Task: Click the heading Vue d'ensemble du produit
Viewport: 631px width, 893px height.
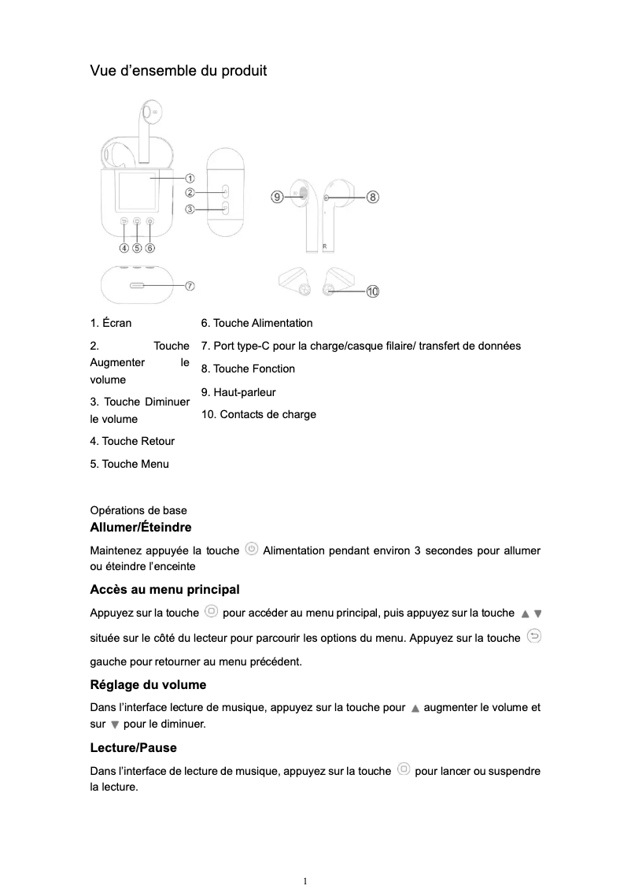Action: pos(179,71)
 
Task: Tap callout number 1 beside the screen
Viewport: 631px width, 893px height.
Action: pos(190,179)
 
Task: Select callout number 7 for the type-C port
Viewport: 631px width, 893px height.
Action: pos(190,284)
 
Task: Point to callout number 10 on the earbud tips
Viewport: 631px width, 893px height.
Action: pos(371,291)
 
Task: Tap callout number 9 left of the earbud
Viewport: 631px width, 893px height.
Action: pos(276,196)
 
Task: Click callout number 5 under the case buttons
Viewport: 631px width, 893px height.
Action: pos(137,247)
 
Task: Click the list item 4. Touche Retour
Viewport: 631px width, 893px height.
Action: pos(132,441)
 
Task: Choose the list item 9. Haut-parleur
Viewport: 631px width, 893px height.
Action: pos(238,392)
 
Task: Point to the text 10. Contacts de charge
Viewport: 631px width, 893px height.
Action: pos(259,414)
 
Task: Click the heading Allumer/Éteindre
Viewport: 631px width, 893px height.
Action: pos(141,527)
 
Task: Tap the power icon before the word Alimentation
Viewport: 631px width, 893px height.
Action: pos(251,549)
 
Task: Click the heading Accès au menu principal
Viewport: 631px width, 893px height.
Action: pos(164,590)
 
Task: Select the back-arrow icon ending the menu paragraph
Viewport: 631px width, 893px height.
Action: pos(533,636)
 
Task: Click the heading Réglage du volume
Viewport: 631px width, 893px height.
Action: pos(148,684)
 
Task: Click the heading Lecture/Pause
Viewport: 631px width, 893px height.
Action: pos(133,747)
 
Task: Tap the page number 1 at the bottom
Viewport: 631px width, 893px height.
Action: pos(305,880)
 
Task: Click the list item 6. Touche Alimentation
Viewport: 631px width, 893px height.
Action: pos(256,323)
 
